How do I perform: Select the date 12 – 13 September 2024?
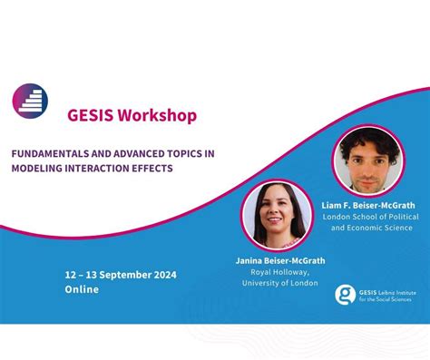pyautogui.click(x=121, y=275)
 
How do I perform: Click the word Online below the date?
pyautogui.click(x=82, y=289)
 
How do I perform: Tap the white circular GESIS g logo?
pyautogui.click(x=345, y=294)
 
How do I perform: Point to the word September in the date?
pyautogui.click(x=123, y=275)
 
